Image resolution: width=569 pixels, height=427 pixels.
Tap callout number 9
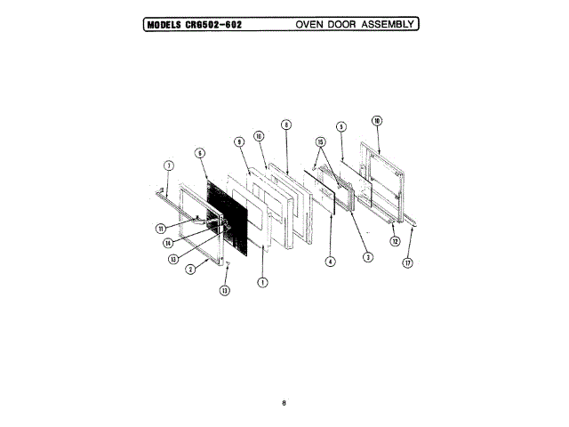click(239, 141)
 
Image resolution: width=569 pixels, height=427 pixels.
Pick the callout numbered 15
click(320, 141)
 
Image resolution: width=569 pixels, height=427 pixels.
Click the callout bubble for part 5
click(341, 126)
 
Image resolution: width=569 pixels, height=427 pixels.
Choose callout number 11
click(160, 228)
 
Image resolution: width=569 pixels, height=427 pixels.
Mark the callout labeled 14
click(167, 243)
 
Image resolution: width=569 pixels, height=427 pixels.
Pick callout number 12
click(395, 240)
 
